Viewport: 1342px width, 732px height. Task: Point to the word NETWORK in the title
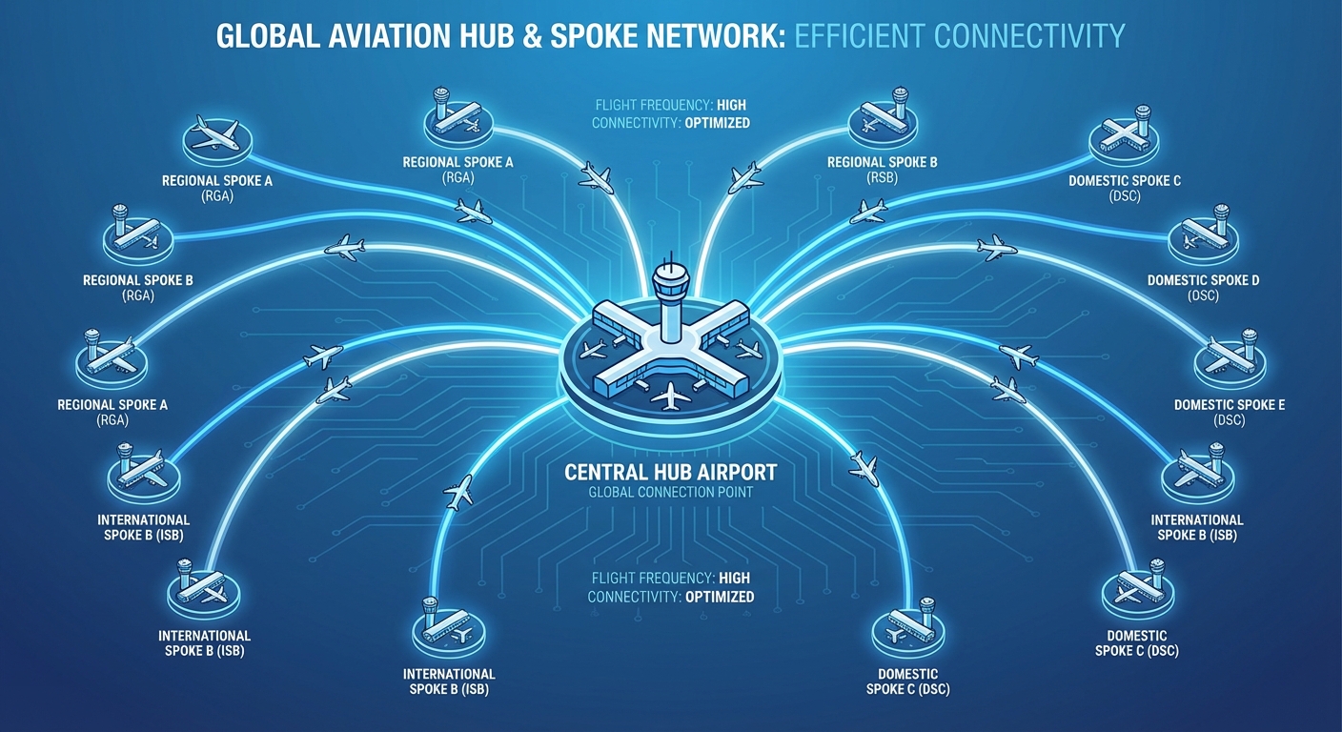[695, 36]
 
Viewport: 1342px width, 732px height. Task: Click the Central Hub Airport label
[670, 472]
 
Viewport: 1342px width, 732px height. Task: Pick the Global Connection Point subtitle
[670, 492]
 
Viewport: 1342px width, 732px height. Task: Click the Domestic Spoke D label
[1203, 280]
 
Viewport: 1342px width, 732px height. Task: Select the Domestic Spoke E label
[1230, 405]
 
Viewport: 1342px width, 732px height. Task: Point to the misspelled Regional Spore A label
[112, 405]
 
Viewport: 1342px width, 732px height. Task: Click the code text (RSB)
[882, 177]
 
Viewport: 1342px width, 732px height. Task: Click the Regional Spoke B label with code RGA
[138, 280]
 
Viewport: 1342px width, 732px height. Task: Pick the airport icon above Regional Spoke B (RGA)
[138, 233]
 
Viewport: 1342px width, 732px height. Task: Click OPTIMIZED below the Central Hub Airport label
[719, 597]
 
